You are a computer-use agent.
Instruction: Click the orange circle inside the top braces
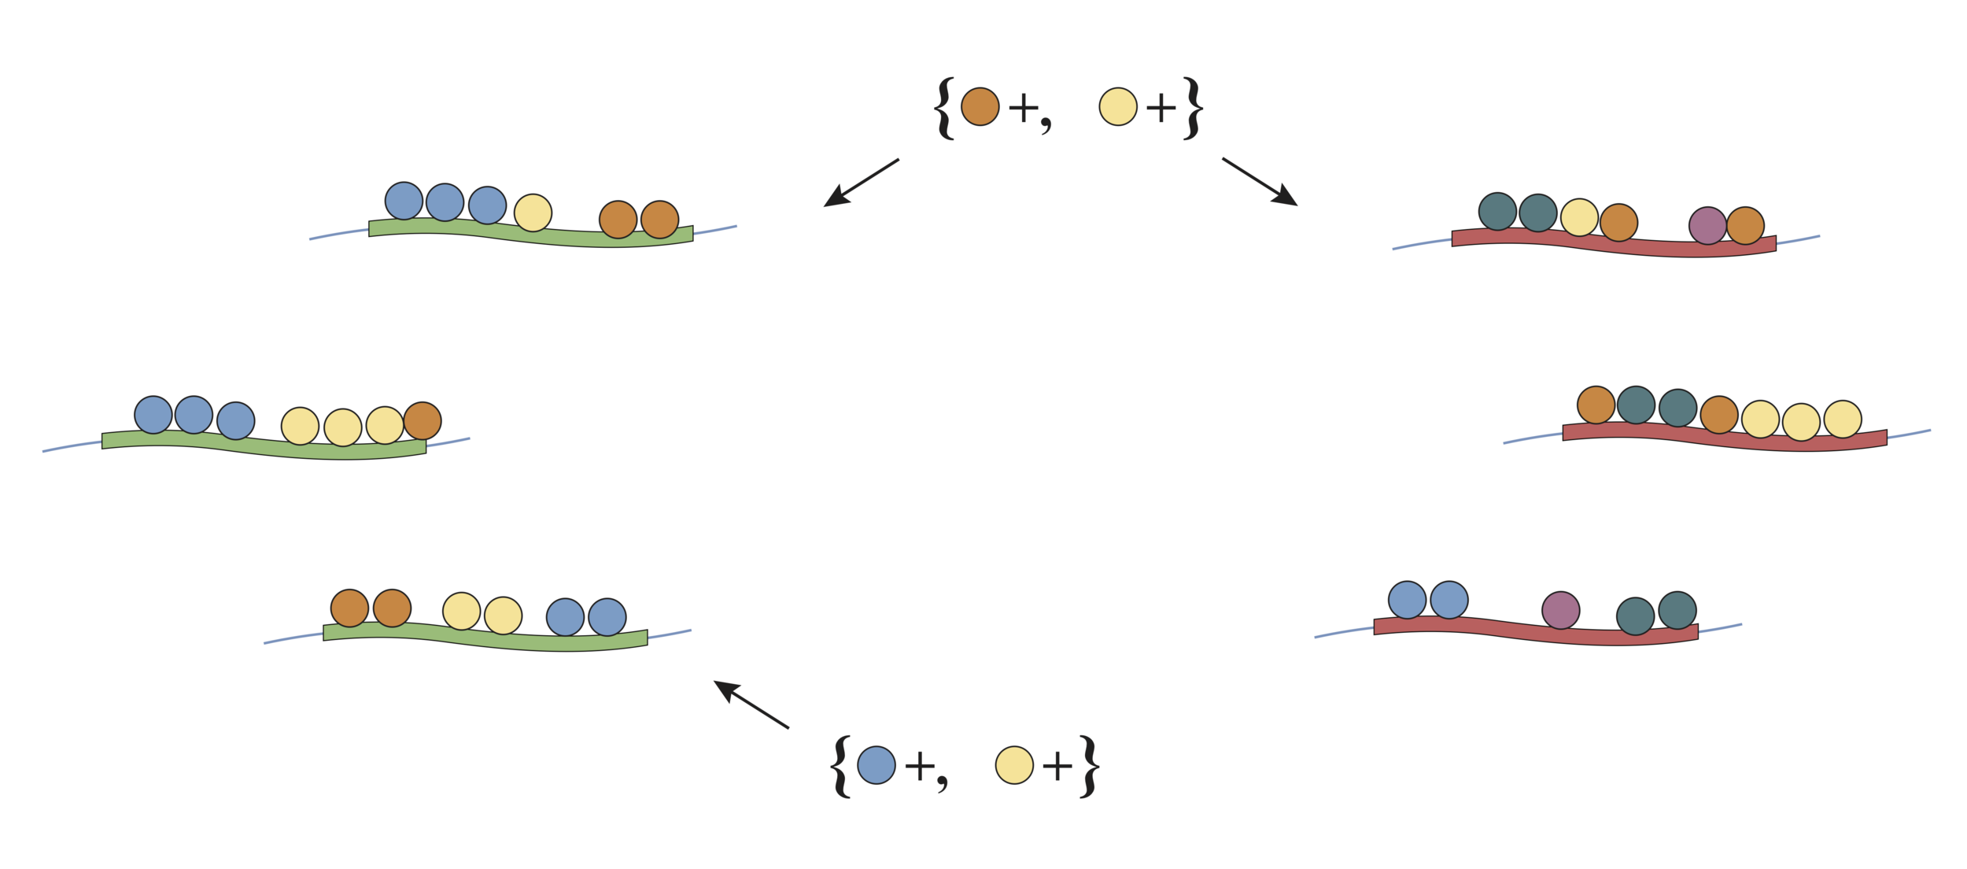click(x=980, y=107)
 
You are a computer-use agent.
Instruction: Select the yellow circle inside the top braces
click(x=1117, y=107)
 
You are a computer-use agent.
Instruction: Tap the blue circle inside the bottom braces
click(x=876, y=765)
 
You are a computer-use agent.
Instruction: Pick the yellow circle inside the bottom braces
click(x=1014, y=765)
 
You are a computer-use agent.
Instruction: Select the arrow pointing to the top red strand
click(x=1260, y=183)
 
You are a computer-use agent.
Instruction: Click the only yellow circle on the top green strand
click(x=533, y=213)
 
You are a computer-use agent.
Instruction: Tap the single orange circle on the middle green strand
click(x=423, y=421)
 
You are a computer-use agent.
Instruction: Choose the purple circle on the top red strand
click(x=1707, y=226)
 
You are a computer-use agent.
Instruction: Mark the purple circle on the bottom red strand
click(x=1560, y=611)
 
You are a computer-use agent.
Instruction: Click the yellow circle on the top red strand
click(x=1579, y=218)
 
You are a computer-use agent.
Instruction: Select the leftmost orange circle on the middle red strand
click(x=1596, y=405)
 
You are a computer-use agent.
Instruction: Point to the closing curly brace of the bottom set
click(x=1089, y=767)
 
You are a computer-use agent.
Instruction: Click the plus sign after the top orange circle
click(x=1023, y=108)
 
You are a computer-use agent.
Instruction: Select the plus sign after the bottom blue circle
click(x=919, y=766)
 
